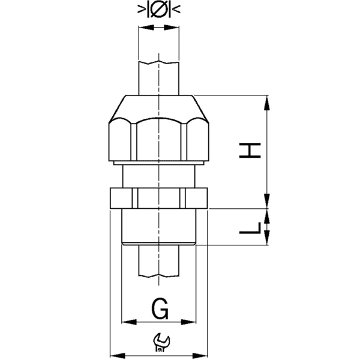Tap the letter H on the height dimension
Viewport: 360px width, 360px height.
(x=250, y=150)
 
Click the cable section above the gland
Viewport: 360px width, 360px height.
(x=158, y=78)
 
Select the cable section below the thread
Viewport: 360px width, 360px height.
(x=158, y=261)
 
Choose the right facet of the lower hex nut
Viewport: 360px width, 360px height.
(x=196, y=197)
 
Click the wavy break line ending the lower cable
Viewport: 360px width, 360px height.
(x=158, y=276)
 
